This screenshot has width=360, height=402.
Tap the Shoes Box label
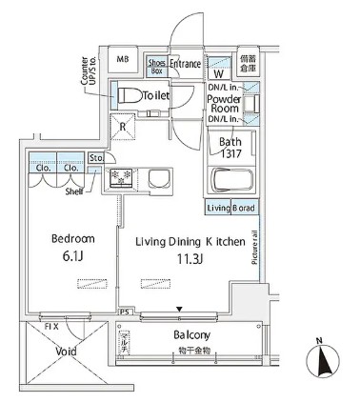click(158, 65)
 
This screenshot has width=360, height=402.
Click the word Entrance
click(186, 65)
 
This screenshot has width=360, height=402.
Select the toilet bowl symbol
click(127, 94)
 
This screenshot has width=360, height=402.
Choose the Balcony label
click(191, 335)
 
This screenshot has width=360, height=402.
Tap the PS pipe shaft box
click(124, 312)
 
